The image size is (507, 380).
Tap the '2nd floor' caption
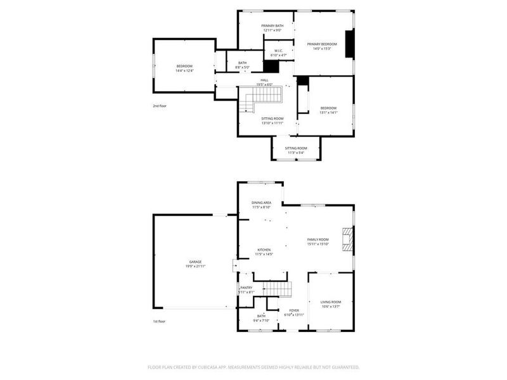[160, 106]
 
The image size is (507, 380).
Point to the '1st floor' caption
[160, 322]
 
